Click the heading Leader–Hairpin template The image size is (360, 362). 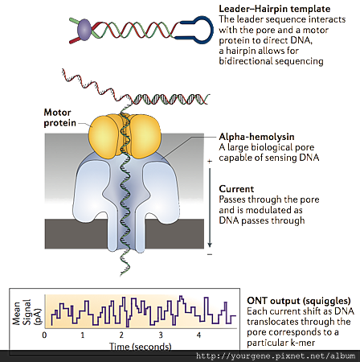point(275,9)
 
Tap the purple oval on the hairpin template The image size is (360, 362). point(84,30)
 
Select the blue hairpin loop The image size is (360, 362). point(198,30)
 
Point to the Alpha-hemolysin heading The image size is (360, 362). point(256,137)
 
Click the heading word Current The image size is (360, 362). point(236,189)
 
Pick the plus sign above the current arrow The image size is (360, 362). point(210,161)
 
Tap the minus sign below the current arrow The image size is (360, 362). point(210,254)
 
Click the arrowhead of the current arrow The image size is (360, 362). point(210,245)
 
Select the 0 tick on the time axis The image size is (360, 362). point(44,335)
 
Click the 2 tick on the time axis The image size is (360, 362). point(121,335)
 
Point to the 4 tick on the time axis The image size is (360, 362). point(198,335)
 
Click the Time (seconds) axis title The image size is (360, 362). point(141,346)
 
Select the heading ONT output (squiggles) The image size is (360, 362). point(299,301)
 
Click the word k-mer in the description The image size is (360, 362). point(302,343)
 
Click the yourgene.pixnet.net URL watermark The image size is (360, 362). point(276,356)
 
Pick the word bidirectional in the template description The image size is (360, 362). point(246,61)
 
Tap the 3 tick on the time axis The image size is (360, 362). point(160,335)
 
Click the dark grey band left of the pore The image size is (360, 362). point(76,234)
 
